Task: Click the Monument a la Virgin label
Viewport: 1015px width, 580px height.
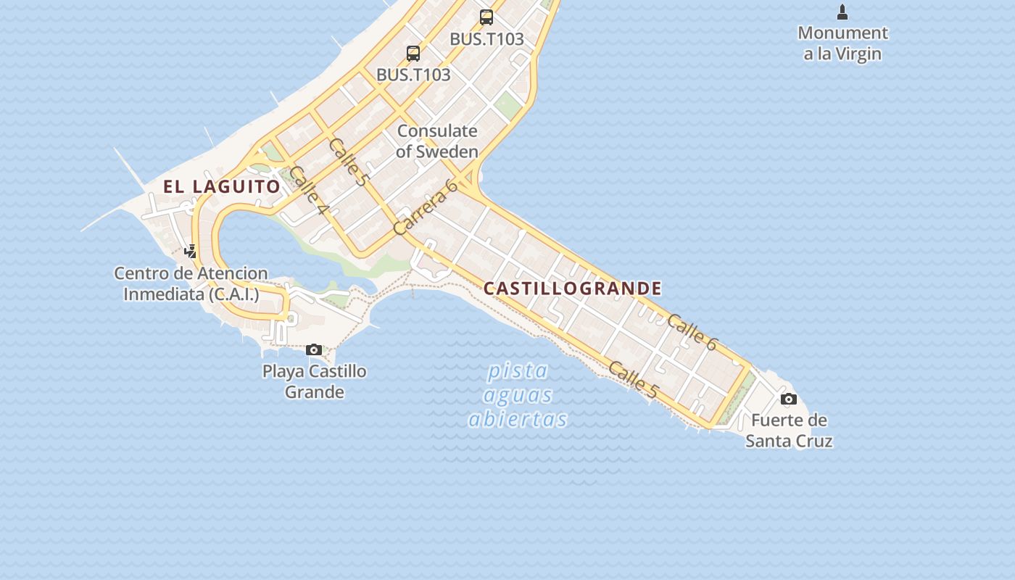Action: coord(842,43)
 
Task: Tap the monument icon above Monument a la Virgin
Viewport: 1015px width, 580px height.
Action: coord(842,12)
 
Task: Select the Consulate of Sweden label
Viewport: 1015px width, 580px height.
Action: coord(437,141)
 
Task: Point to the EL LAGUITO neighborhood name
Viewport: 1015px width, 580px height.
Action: coord(221,186)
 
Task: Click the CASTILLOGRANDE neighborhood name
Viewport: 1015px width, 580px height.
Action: coord(572,289)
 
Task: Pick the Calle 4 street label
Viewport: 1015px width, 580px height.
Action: coord(310,191)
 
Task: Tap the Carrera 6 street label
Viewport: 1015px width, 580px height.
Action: coord(426,207)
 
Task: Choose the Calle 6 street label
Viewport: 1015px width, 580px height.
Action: coord(691,333)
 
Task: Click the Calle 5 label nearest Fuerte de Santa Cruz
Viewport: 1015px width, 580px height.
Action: coord(633,380)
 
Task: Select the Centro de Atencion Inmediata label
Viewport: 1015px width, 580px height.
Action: coord(191,284)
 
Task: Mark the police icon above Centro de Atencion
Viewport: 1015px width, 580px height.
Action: coord(190,252)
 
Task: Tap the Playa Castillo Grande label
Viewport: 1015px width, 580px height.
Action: coord(314,381)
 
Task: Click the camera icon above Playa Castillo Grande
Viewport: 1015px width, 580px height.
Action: coord(314,350)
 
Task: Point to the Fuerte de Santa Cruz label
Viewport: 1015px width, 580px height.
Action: coord(789,431)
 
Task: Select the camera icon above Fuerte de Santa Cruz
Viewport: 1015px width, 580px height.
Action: coord(789,399)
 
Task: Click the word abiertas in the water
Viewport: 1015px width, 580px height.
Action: coord(518,419)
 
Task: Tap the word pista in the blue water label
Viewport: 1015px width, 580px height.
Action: coord(518,371)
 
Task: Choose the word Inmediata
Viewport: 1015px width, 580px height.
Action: coord(163,294)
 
